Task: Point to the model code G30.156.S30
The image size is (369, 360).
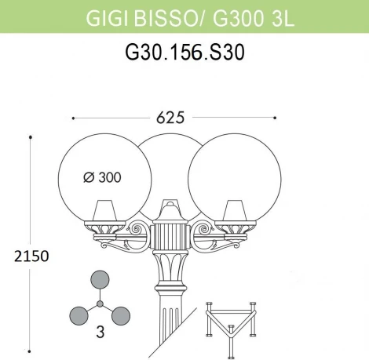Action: (185, 52)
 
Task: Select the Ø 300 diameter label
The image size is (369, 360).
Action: (102, 177)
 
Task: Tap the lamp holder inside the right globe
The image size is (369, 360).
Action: (235, 211)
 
